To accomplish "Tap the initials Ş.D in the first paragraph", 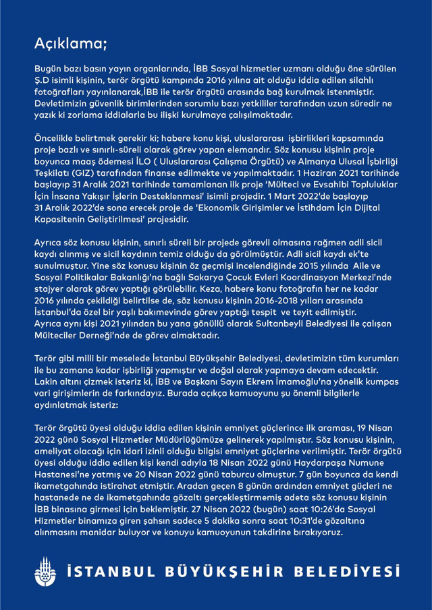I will point(43,80).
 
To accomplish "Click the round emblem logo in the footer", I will point(46,572).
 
